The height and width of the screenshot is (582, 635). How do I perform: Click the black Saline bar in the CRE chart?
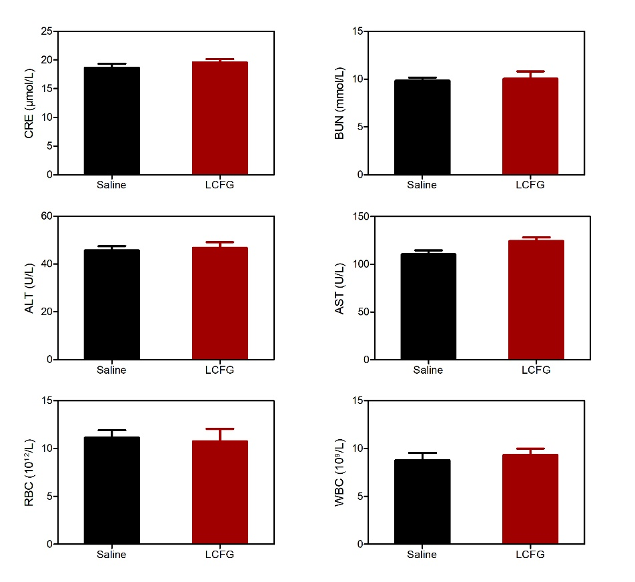click(x=111, y=121)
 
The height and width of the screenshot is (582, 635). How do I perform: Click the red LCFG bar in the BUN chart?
click(x=530, y=127)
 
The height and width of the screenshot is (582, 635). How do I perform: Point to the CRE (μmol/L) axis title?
click(x=29, y=103)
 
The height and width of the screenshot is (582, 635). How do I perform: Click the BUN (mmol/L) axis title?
click(x=340, y=103)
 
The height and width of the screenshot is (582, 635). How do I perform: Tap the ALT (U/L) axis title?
click(x=29, y=288)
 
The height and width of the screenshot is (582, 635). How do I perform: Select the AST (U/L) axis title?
click(x=340, y=288)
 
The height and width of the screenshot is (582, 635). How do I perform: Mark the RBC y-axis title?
click(x=29, y=472)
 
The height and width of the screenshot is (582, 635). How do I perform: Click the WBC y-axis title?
click(x=340, y=472)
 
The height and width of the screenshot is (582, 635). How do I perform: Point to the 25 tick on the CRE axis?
click(x=47, y=31)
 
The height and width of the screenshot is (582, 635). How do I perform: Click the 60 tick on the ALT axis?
click(x=47, y=216)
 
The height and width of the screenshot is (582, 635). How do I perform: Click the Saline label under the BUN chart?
click(x=422, y=185)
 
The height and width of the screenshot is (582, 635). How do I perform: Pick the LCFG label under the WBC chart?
click(x=530, y=555)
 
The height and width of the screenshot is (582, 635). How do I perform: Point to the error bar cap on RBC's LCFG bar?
click(x=220, y=429)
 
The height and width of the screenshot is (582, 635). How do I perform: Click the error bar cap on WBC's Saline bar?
click(x=422, y=453)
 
